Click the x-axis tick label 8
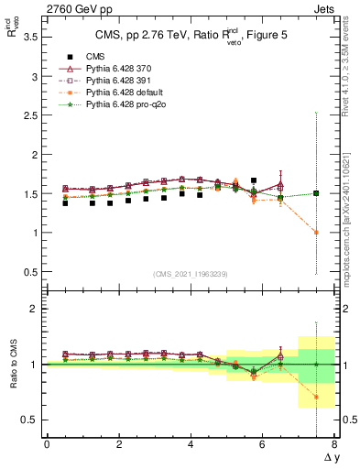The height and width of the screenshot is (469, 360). point(334,444)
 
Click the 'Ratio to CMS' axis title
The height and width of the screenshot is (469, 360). point(14,364)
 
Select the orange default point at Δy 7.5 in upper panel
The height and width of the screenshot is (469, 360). point(316,233)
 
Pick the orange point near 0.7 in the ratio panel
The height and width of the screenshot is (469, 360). point(316,397)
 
